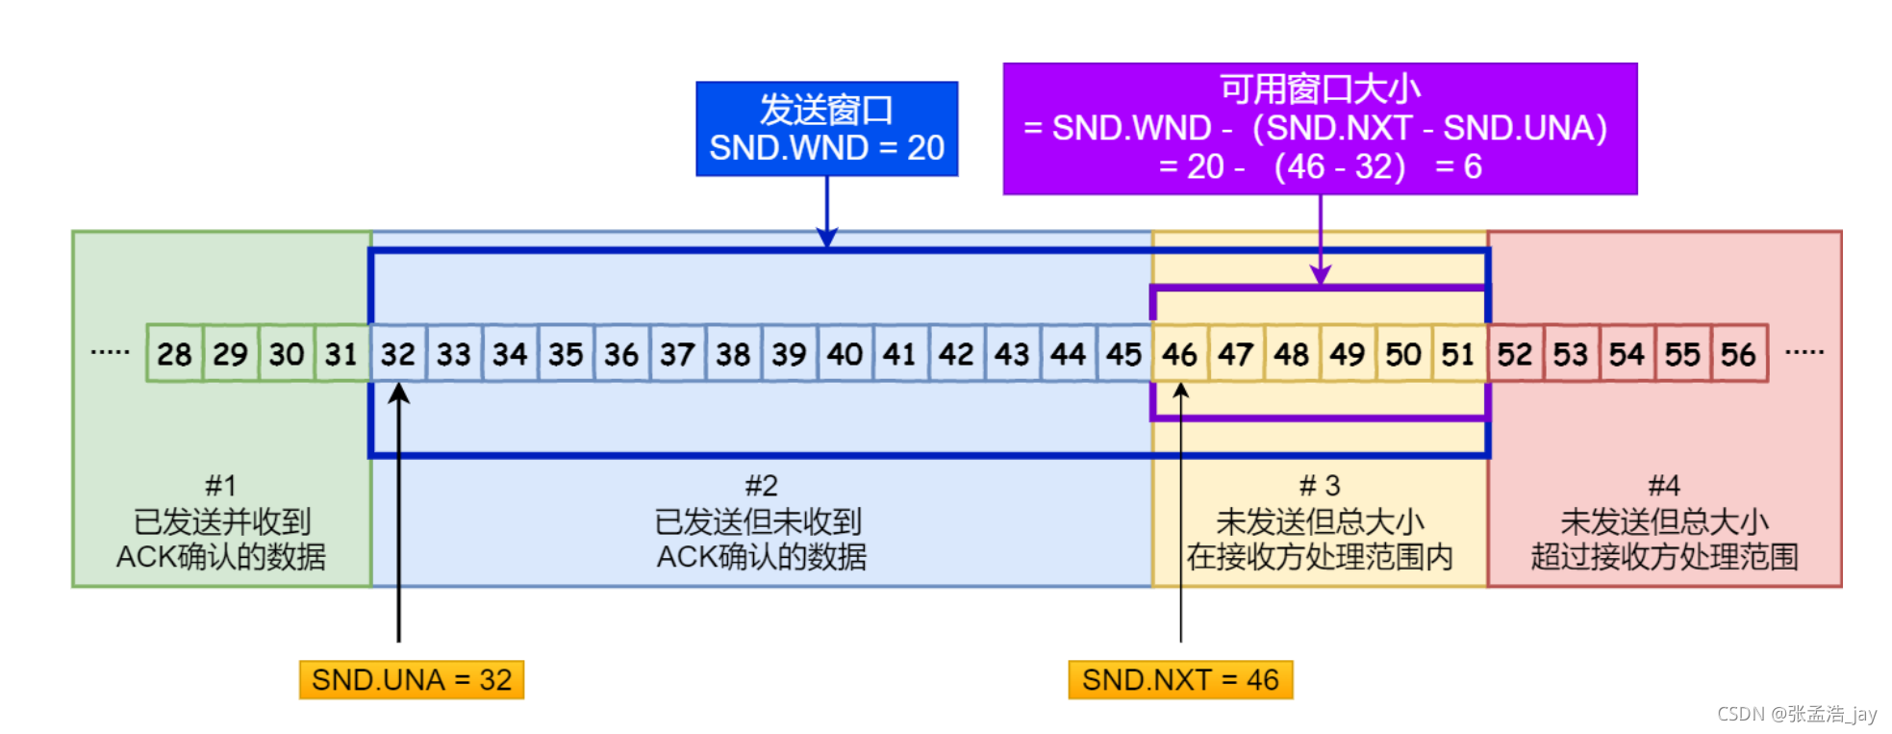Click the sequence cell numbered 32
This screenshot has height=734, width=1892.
click(397, 354)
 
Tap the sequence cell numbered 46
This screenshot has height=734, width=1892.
click(1179, 354)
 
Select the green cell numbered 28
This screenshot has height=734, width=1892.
click(174, 354)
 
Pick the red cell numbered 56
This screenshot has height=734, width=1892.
click(1738, 354)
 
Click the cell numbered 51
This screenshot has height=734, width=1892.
click(1458, 354)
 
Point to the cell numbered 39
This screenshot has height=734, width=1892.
click(789, 354)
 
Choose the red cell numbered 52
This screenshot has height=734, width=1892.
click(1514, 354)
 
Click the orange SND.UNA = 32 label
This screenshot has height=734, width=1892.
click(412, 679)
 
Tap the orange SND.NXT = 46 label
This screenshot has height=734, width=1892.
click(1180, 679)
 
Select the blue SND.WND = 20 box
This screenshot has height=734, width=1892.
click(826, 129)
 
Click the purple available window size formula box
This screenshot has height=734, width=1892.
click(1320, 129)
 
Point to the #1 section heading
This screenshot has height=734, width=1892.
click(220, 485)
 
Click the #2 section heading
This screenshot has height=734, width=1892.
click(761, 485)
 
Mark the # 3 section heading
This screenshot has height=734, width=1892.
click(1320, 485)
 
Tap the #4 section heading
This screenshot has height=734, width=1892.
click(1664, 485)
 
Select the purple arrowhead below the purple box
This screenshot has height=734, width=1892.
click(1320, 276)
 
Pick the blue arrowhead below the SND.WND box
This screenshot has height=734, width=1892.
click(827, 238)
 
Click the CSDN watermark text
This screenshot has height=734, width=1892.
click(1797, 714)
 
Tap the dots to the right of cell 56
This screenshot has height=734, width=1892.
click(1804, 352)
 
